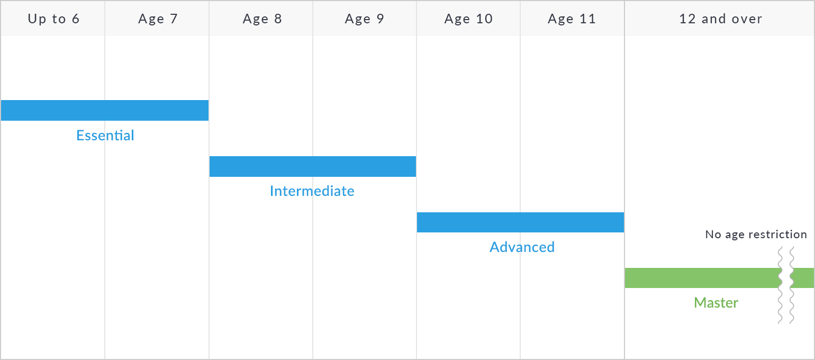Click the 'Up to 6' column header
[53, 19]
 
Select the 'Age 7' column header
[158, 19]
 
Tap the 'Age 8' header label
[262, 19]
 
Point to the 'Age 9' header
[365, 19]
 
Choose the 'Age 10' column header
[469, 19]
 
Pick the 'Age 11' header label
[572, 19]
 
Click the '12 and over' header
[720, 19]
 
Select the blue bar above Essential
[105, 110]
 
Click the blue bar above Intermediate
[313, 166]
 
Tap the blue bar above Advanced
[520, 222]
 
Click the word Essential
[105, 136]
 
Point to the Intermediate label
[312, 191]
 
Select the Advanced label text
[522, 247]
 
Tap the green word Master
[716, 303]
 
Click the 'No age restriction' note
[756, 235]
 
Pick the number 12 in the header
[687, 19]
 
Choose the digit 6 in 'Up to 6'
[76, 19]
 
